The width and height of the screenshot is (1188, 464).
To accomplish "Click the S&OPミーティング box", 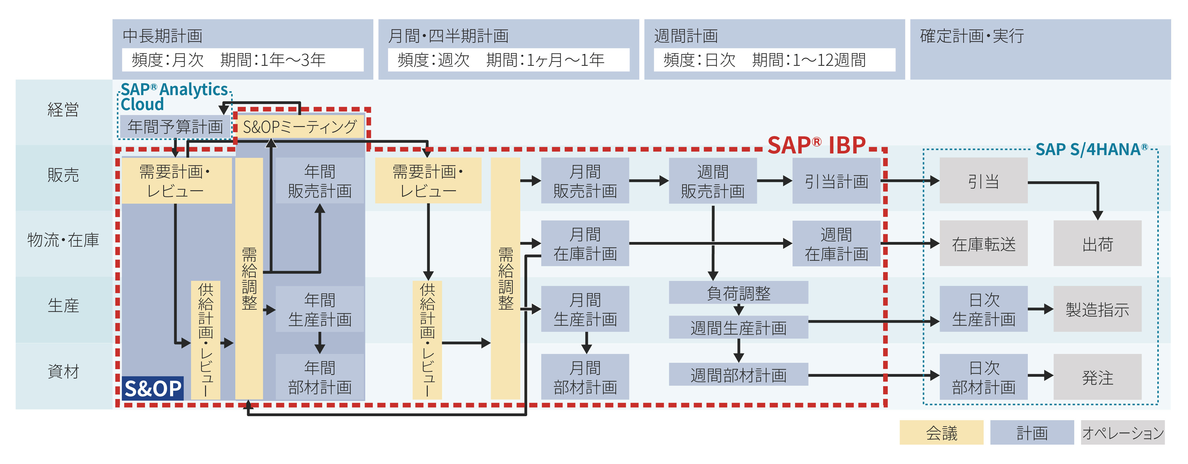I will click(300, 126).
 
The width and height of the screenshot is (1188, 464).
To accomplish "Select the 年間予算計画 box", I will click(175, 126).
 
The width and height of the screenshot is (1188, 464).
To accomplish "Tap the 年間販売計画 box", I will click(320, 181).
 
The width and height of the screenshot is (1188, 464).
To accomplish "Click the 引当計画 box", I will click(836, 181).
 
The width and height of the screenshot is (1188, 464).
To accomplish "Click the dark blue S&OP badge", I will click(153, 388).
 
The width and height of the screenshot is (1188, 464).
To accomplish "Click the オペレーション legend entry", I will click(1123, 432).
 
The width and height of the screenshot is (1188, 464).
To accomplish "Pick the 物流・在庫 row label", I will click(63, 240).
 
